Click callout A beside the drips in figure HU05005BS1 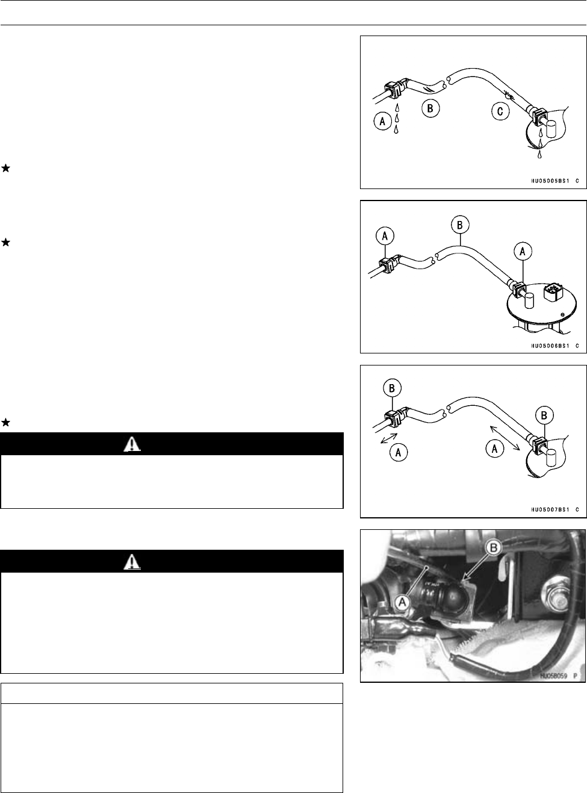point(380,122)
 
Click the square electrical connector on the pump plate point(552,294)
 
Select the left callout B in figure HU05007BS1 point(392,388)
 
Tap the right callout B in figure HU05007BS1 point(545,415)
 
